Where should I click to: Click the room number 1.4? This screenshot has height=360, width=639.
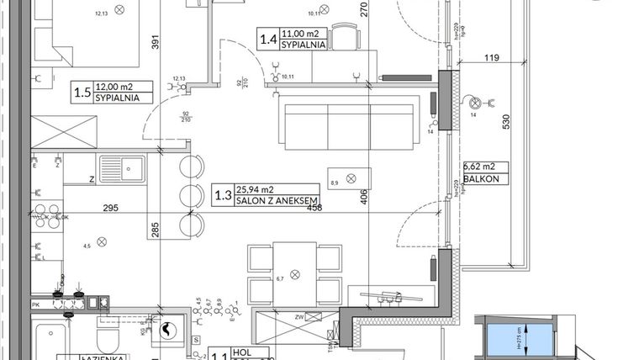267,39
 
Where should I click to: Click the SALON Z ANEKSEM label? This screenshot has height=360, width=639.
265,199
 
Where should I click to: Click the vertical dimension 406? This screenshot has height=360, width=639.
364,198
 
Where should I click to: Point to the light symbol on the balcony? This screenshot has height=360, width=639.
475,104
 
